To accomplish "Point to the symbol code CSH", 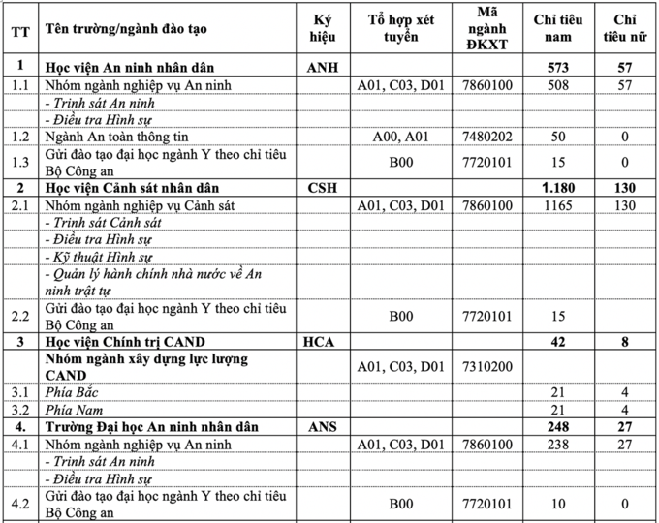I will [322, 187].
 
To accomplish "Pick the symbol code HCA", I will [322, 342].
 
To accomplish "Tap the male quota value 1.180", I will [559, 187].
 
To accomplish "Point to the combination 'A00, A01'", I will [400, 137].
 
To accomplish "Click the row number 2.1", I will [19, 205].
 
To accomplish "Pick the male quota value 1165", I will [559, 205].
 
